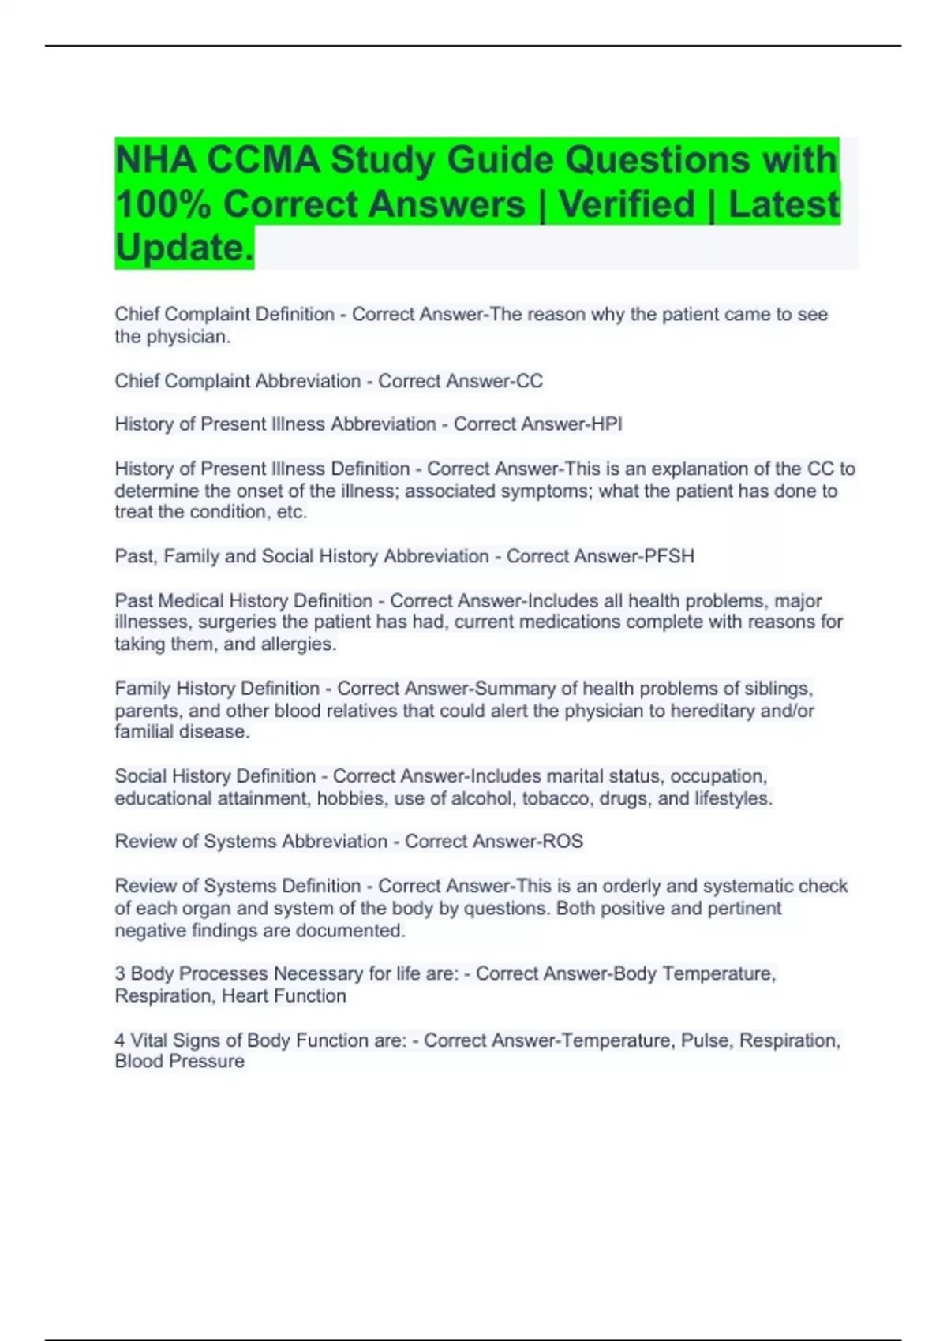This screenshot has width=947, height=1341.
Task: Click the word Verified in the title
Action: pyautogui.click(x=627, y=204)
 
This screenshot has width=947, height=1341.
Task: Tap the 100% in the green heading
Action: pyautogui.click(x=163, y=204)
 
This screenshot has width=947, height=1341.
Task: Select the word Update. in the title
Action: pyautogui.click(x=185, y=248)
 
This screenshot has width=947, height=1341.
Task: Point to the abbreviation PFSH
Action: pyautogui.click(x=669, y=556)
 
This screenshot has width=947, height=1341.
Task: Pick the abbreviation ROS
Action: pyautogui.click(x=562, y=842)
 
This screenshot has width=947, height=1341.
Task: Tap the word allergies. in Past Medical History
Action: pyautogui.click(x=298, y=644)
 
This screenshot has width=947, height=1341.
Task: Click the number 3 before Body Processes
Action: pyautogui.click(x=120, y=974)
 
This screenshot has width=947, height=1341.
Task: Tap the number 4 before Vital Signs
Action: pyautogui.click(x=120, y=1040)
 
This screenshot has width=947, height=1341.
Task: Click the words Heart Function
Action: pyautogui.click(x=283, y=996)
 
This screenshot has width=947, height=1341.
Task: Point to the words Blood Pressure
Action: pyautogui.click(x=179, y=1062)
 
